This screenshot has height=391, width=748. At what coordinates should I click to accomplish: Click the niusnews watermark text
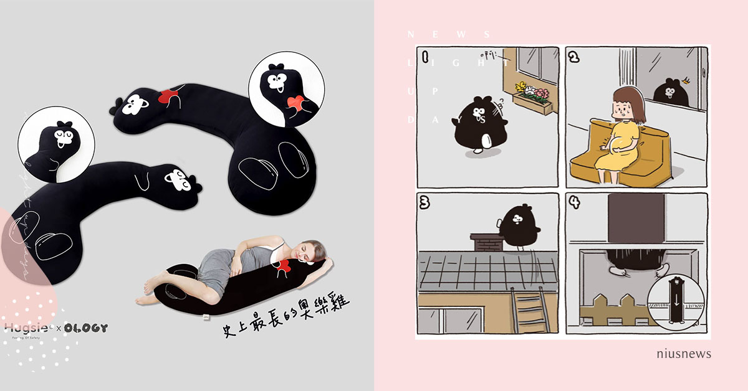pos(684,354)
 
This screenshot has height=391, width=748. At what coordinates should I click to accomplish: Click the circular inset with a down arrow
pos(674,306)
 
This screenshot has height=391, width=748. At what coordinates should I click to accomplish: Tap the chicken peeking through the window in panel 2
pos(671,92)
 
